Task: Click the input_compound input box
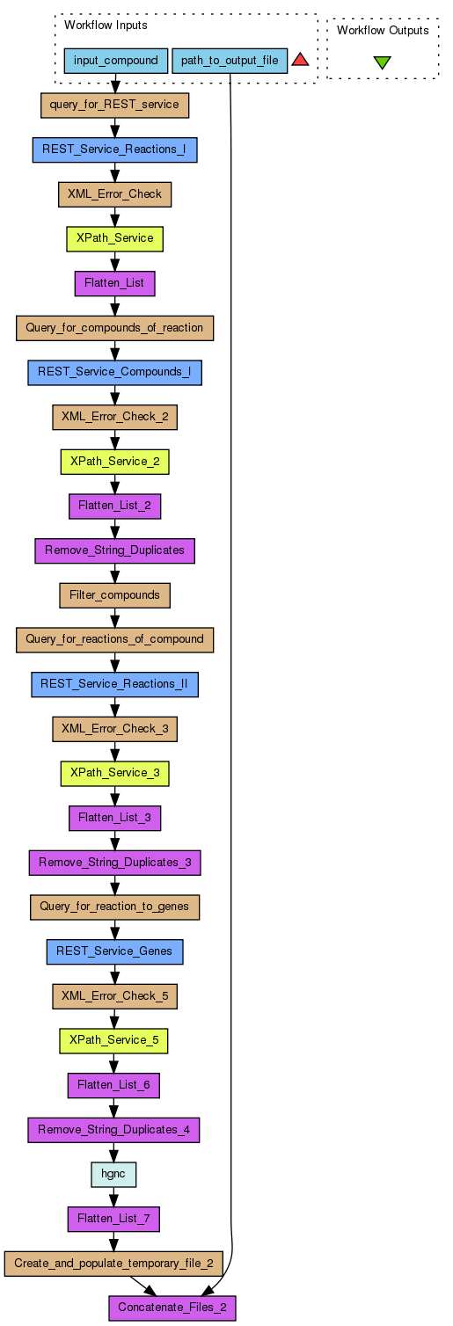click(115, 61)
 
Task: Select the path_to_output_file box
click(230, 61)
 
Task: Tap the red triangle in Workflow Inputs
click(300, 59)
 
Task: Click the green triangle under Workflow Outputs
click(383, 62)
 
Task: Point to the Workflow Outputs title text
click(383, 30)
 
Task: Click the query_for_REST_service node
click(115, 105)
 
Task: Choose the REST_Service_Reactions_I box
click(115, 149)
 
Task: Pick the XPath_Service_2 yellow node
click(115, 461)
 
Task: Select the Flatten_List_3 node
click(115, 818)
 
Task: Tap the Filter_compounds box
click(115, 595)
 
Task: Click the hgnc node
click(113, 1174)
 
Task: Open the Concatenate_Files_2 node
click(172, 1308)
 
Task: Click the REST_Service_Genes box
click(115, 951)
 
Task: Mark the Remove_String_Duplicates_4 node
click(113, 1129)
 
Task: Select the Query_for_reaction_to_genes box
click(115, 907)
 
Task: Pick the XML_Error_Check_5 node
click(115, 995)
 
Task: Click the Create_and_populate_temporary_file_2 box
click(113, 1264)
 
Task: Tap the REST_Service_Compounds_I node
click(115, 372)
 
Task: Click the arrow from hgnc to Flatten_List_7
click(113, 1197)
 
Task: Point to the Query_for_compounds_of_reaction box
click(115, 327)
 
